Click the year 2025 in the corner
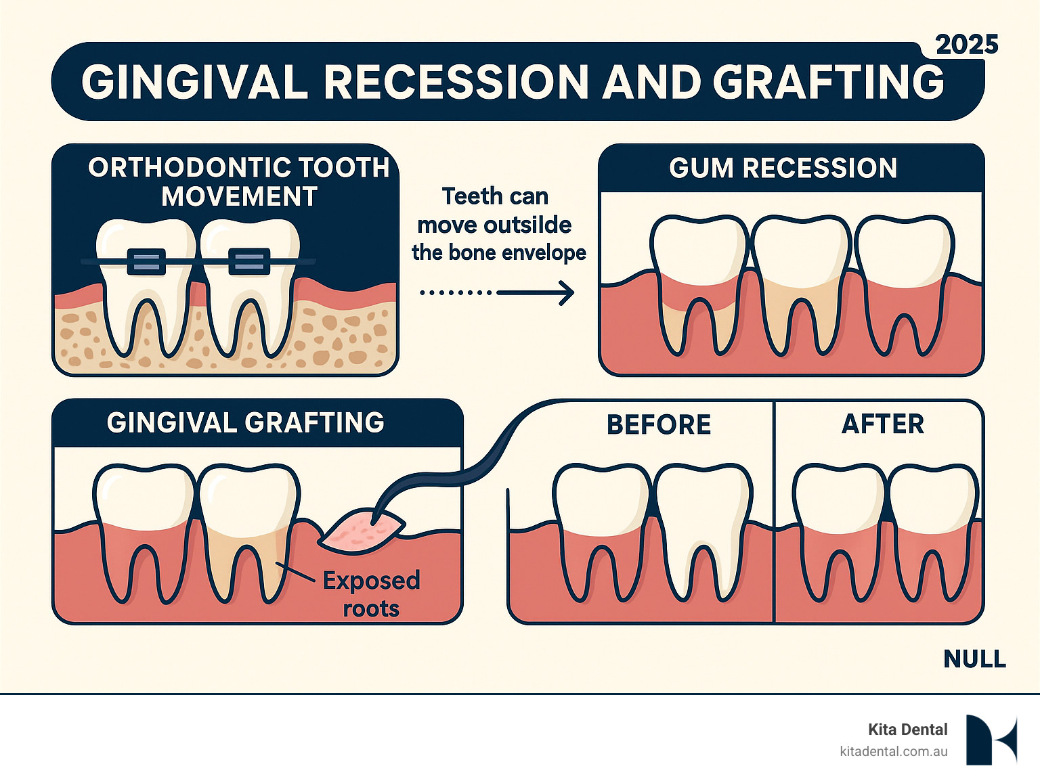click(x=966, y=45)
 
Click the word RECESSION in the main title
click(x=457, y=83)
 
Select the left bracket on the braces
click(x=146, y=262)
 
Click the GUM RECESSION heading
click(x=783, y=168)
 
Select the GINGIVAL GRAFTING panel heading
click(x=245, y=423)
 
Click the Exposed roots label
click(x=371, y=594)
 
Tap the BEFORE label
click(x=659, y=425)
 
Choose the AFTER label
click(x=882, y=424)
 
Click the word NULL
click(x=974, y=659)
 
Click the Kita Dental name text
click(x=907, y=730)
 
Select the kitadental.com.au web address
click(x=893, y=751)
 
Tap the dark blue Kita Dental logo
click(x=991, y=739)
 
